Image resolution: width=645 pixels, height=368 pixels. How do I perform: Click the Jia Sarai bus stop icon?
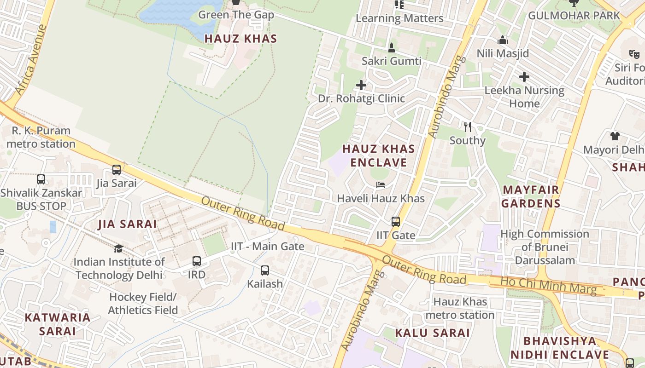tap(117, 170)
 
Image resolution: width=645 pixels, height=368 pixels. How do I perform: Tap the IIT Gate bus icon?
tap(395, 222)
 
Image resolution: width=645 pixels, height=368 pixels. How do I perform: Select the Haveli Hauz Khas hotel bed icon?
tap(381, 185)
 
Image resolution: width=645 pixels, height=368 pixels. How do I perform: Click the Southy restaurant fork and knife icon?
tap(468, 126)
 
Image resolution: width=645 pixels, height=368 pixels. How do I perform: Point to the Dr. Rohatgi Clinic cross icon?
tap(361, 85)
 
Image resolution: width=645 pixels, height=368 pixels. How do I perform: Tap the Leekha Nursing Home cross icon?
tap(524, 77)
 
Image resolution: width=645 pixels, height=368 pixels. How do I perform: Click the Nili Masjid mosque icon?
tap(503, 40)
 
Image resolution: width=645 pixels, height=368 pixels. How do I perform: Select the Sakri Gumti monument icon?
tap(392, 47)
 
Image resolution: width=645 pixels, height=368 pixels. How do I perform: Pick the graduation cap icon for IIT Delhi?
tap(119, 248)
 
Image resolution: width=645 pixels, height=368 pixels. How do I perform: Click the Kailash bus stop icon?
tap(265, 270)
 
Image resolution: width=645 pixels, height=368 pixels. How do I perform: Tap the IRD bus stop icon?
tap(197, 261)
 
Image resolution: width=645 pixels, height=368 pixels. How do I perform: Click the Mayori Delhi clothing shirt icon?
tap(615, 136)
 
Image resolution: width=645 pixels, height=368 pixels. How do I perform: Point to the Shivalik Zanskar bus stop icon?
tap(41, 179)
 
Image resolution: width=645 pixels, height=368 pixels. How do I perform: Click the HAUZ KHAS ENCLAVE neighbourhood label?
tap(379, 155)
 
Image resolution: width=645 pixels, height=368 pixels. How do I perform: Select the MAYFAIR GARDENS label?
tap(531, 196)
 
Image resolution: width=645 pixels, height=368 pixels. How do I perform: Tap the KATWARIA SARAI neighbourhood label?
tap(58, 324)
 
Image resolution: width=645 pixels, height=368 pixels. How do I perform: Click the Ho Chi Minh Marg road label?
tap(548, 285)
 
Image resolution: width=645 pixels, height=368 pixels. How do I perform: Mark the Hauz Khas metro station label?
tap(460, 308)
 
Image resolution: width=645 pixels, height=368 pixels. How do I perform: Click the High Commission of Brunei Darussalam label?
tap(545, 247)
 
